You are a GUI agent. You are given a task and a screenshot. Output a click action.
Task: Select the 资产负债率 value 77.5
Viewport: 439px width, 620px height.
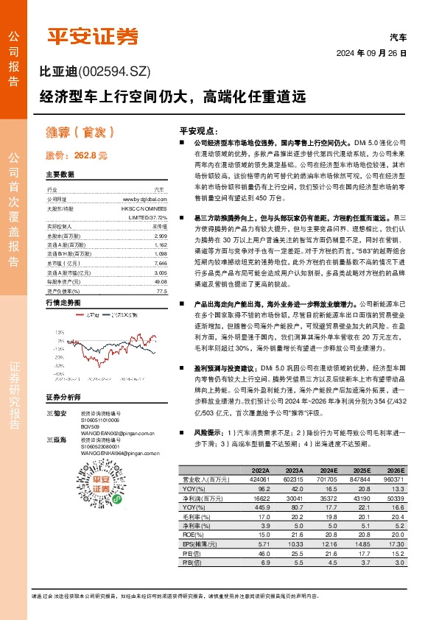(162, 291)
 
